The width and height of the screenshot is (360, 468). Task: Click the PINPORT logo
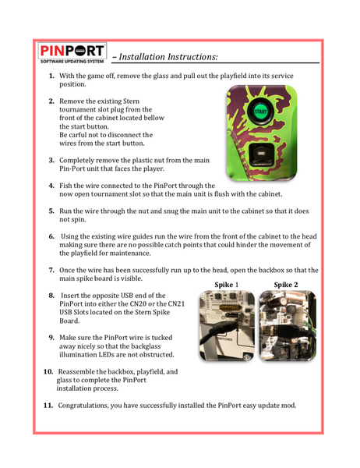click(72, 53)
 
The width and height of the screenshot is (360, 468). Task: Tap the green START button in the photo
click(260, 112)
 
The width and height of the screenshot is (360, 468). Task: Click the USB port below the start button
click(262, 154)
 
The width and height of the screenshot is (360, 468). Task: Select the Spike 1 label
click(227, 285)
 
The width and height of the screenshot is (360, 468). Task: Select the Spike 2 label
click(286, 285)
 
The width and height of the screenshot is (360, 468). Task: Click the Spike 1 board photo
click(227, 325)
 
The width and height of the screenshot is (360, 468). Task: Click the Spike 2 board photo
click(288, 325)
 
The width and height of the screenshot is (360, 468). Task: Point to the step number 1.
click(51, 76)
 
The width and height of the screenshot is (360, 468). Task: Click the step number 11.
click(48, 406)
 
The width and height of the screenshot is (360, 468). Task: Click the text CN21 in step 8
click(176, 304)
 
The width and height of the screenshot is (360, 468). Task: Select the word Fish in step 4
click(65, 186)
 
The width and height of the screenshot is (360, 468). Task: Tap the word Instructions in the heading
click(192, 57)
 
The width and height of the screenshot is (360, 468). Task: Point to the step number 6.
click(51, 236)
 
